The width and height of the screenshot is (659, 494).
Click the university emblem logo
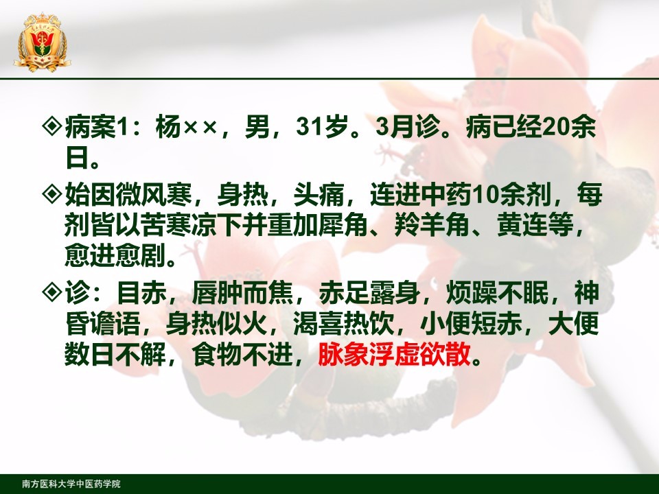coord(42,43)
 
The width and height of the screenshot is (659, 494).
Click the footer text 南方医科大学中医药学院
coord(71,484)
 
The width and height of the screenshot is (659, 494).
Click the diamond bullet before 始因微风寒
coord(53,193)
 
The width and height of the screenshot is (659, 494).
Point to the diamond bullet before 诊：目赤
coord(53,292)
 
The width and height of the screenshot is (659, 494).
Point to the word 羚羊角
coord(432,226)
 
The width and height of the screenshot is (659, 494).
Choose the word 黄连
coord(522,226)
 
